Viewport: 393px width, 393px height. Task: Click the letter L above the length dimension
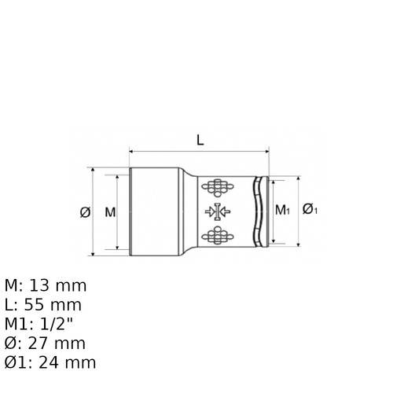tap(200, 140)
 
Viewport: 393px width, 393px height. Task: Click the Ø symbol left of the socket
tap(85, 211)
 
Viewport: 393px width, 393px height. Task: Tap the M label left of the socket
tap(110, 212)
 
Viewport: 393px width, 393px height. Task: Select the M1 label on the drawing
tap(282, 210)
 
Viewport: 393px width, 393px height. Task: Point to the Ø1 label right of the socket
tap(310, 209)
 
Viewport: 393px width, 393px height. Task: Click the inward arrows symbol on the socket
tap(218, 211)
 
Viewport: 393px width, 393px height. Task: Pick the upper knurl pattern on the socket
tap(218, 188)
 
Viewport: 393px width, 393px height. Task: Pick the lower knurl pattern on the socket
tap(218, 235)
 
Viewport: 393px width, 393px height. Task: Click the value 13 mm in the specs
tap(57, 285)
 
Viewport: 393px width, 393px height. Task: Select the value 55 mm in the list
tap(53, 305)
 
